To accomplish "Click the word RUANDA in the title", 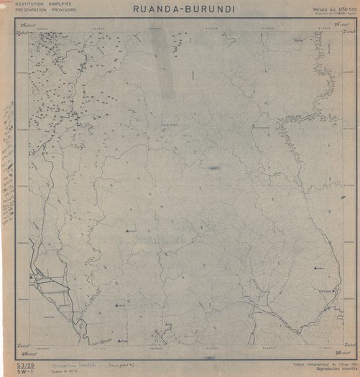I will pyautogui.click(x=157, y=9).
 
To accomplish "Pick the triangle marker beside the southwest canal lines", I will pyautogui.click(x=31, y=276).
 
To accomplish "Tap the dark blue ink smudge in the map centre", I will pyautogui.click(x=213, y=168).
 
